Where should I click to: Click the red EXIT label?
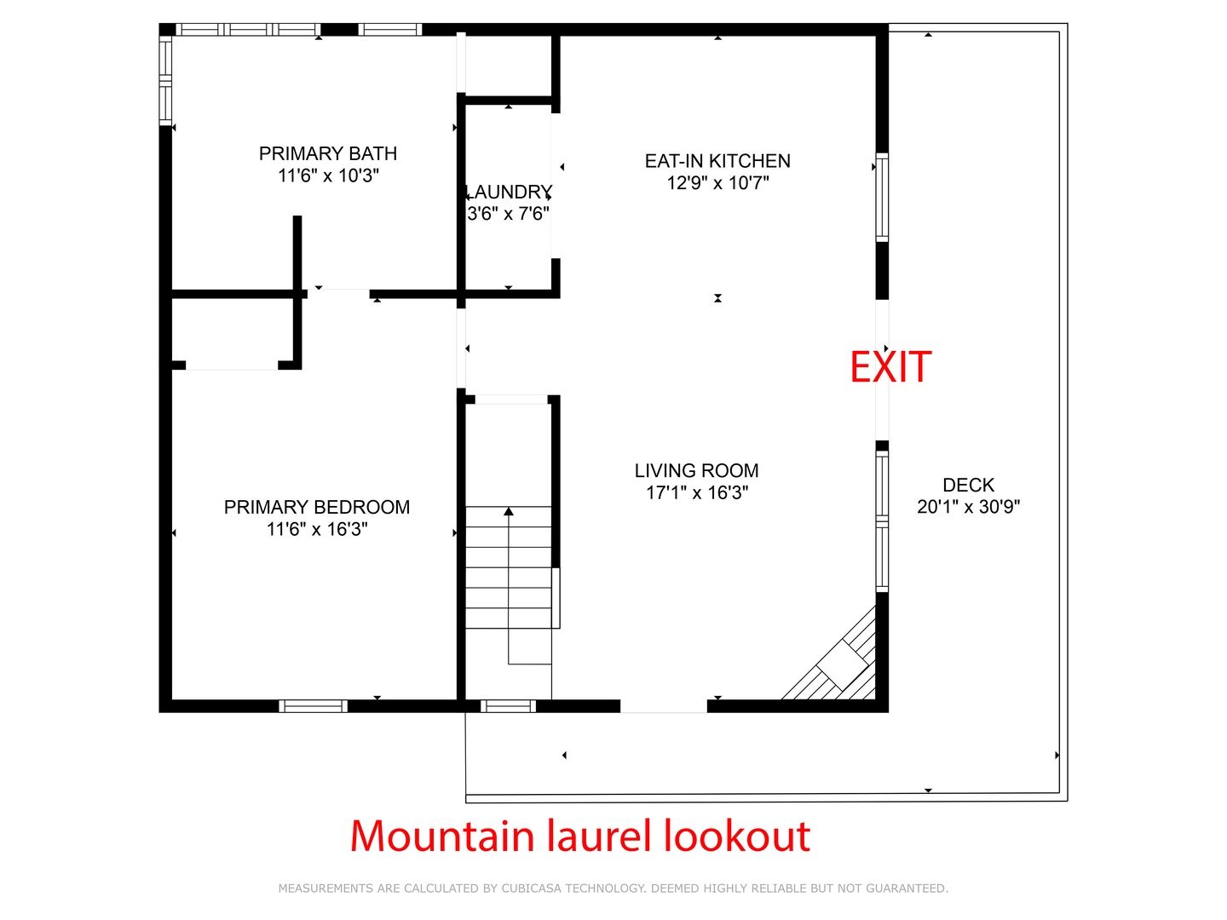[x=890, y=367]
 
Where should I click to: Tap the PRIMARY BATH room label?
[x=327, y=153]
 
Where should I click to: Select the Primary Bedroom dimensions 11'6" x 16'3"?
[x=317, y=529]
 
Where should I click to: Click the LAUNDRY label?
[x=509, y=193]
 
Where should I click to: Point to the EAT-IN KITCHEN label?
[x=717, y=161]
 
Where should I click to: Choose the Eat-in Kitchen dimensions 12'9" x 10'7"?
[x=717, y=182]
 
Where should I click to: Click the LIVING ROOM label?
[x=696, y=471]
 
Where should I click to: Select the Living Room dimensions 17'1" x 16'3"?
[x=697, y=492]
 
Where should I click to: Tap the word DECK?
[x=969, y=485]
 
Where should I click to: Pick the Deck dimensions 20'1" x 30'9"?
[x=969, y=507]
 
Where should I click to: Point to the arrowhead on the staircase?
[x=508, y=511]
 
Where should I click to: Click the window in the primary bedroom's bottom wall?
[x=313, y=706]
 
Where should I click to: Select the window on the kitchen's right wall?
[x=882, y=198]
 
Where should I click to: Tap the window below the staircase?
[x=508, y=706]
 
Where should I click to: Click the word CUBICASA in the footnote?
[x=531, y=888]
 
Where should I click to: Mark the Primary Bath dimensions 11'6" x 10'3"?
[x=328, y=175]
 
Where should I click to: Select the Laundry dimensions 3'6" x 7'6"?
[x=508, y=213]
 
